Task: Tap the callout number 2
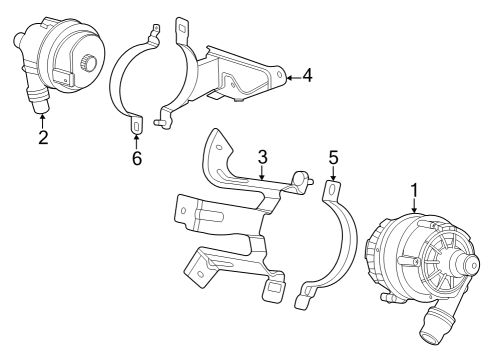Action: [43, 137]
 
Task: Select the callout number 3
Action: [262, 157]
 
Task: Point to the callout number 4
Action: [307, 74]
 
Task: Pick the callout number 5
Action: [333, 157]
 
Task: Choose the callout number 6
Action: [136, 158]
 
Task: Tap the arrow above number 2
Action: [43, 119]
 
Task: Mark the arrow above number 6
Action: [136, 139]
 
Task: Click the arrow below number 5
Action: [333, 175]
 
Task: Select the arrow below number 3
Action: [262, 175]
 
